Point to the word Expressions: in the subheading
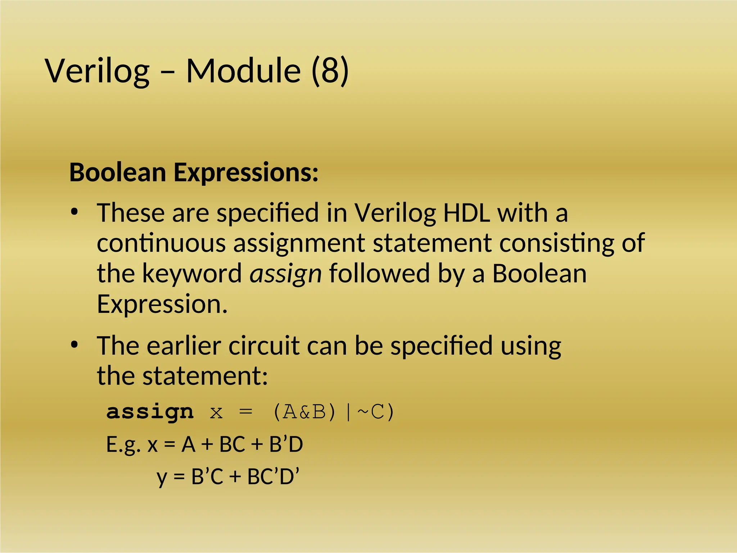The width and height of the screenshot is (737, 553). [246, 173]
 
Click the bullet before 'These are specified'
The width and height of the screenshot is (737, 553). [74, 212]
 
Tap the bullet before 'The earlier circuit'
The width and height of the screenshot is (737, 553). [74, 345]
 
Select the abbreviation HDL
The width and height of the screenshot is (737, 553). [466, 212]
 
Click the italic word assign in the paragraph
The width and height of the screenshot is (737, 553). [285, 274]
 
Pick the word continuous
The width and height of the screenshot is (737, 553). [161, 243]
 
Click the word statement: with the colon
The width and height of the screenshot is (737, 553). [205, 376]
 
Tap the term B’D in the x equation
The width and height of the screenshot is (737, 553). [286, 444]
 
